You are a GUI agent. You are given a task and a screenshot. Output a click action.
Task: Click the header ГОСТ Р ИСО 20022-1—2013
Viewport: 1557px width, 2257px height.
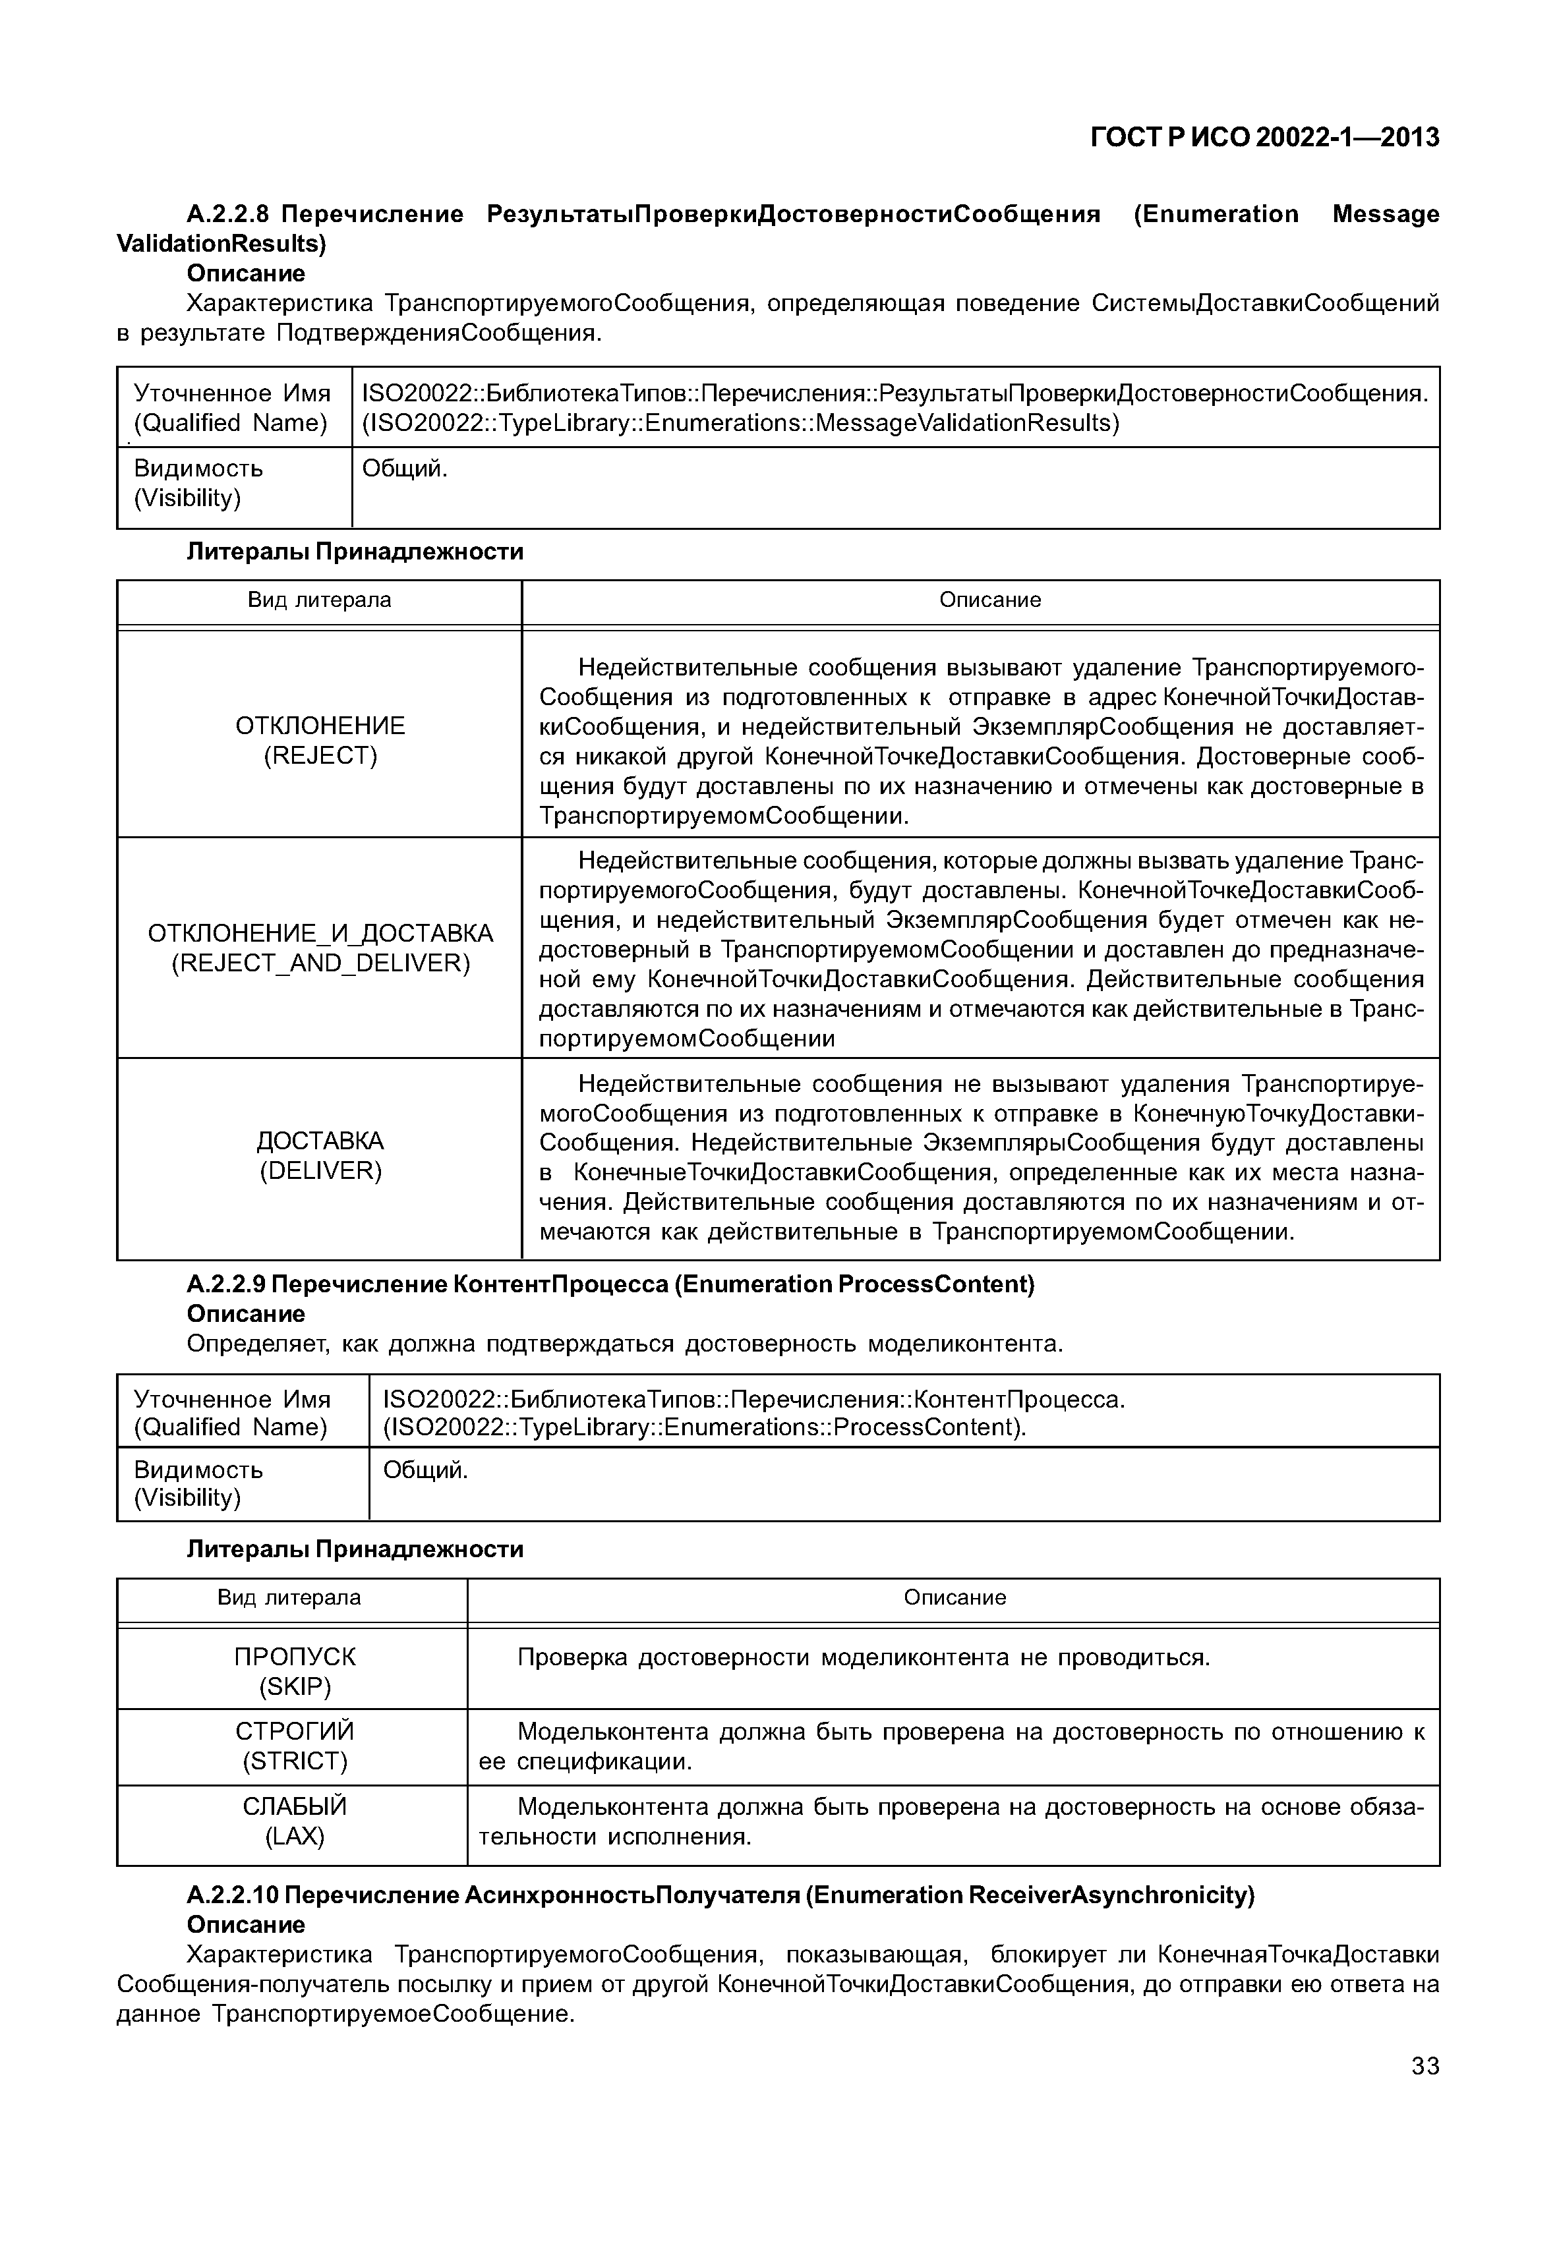tap(1264, 138)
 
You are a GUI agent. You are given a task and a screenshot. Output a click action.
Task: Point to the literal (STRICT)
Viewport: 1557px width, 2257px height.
tap(295, 1761)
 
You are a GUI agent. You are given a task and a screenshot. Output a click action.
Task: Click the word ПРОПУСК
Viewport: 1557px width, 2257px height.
tap(295, 1657)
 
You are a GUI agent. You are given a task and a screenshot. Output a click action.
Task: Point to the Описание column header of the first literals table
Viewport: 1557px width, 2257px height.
tap(989, 600)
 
